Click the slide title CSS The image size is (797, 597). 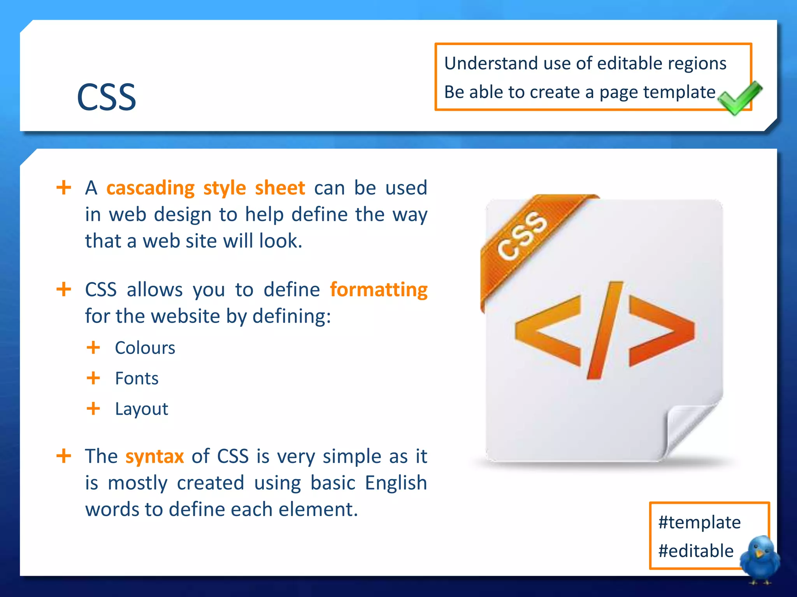(x=106, y=97)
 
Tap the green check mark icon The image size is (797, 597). (x=739, y=98)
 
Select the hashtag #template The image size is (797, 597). (x=699, y=522)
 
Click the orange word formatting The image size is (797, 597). (x=378, y=290)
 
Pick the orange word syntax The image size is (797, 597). (x=154, y=456)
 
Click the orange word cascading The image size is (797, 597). (x=151, y=188)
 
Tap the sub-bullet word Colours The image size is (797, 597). (x=145, y=348)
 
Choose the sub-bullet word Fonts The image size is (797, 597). (x=137, y=378)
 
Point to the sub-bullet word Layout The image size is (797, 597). (x=141, y=409)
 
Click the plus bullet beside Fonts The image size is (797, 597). (x=93, y=378)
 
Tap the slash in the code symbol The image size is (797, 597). (x=605, y=330)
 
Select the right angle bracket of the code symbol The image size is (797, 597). (x=662, y=331)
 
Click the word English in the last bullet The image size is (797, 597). (x=396, y=483)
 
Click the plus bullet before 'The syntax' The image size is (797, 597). (x=64, y=456)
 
